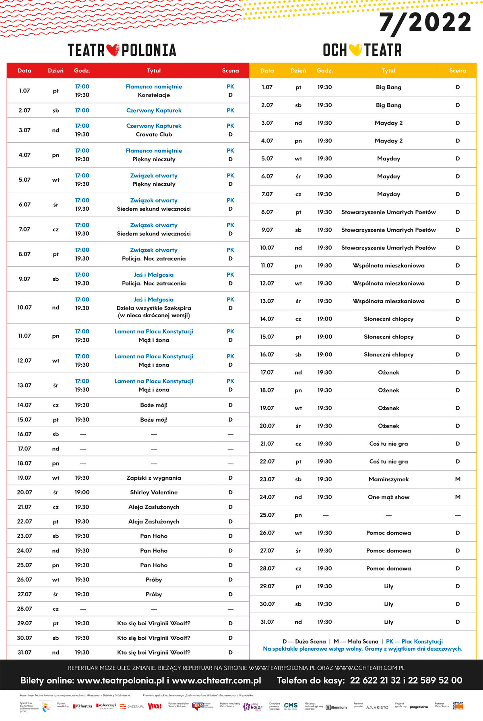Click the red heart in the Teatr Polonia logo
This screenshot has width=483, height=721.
coord(113,50)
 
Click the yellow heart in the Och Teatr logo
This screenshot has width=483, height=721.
coord(355,50)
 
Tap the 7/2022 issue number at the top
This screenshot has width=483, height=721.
coord(425,23)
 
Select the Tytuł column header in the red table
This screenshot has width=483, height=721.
coord(154,70)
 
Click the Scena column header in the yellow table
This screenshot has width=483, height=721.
coord(458,70)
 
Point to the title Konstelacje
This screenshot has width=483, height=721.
coord(154,95)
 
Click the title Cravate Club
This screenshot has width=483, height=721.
coord(154,134)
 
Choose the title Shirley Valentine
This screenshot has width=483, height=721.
coord(154,492)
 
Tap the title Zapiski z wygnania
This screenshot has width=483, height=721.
coord(154,478)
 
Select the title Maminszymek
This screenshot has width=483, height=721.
coord(388,479)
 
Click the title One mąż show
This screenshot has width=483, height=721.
coord(388,497)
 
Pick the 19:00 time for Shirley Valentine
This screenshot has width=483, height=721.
coord(82,492)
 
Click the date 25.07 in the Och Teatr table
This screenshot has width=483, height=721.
coord(267,515)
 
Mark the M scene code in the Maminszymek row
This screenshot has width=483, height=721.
coord(458,479)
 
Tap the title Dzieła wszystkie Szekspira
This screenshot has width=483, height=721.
coord(154,308)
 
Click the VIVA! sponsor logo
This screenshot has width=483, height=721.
coord(155,706)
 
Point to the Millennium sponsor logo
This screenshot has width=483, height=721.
coord(336,707)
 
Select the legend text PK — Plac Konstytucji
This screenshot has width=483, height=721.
coord(414,641)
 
